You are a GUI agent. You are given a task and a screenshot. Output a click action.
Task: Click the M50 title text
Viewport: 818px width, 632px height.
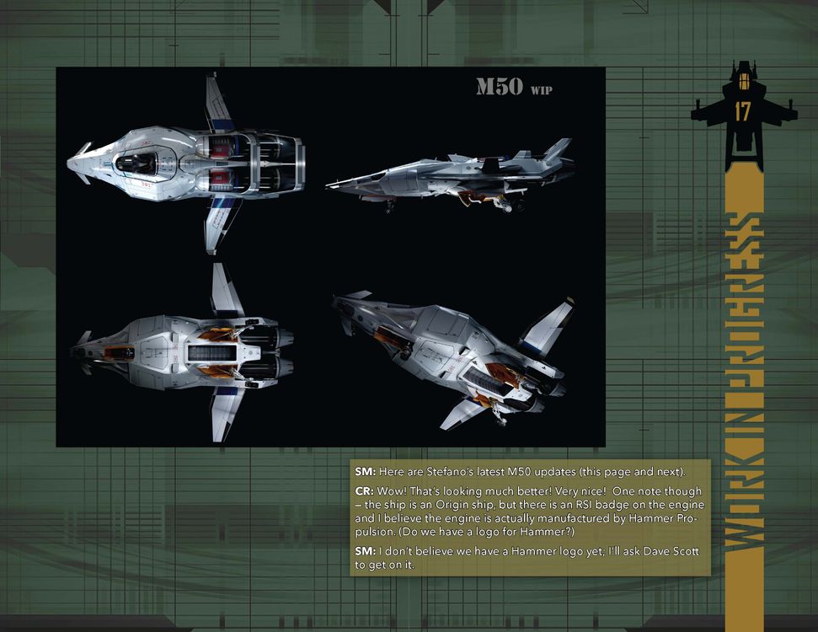[500, 87]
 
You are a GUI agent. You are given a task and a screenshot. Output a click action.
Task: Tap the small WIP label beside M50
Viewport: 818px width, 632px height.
[541, 90]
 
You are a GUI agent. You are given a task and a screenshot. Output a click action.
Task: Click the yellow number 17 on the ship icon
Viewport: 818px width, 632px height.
[742, 112]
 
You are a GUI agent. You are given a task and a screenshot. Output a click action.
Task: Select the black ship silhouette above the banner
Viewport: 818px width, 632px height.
[744, 115]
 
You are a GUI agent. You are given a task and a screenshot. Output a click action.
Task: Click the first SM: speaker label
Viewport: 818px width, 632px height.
[365, 472]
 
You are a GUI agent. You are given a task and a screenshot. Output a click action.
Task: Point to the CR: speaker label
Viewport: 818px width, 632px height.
[365, 491]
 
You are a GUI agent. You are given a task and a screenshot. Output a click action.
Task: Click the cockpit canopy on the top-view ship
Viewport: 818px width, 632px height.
[136, 163]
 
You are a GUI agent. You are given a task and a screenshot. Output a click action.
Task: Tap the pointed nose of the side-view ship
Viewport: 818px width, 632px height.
[329, 185]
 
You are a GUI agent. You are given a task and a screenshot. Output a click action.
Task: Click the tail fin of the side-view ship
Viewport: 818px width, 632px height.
[559, 149]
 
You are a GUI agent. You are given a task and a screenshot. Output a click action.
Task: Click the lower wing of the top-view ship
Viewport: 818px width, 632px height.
[219, 224]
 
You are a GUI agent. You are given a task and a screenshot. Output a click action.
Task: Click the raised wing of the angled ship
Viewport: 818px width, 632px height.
[548, 326]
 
